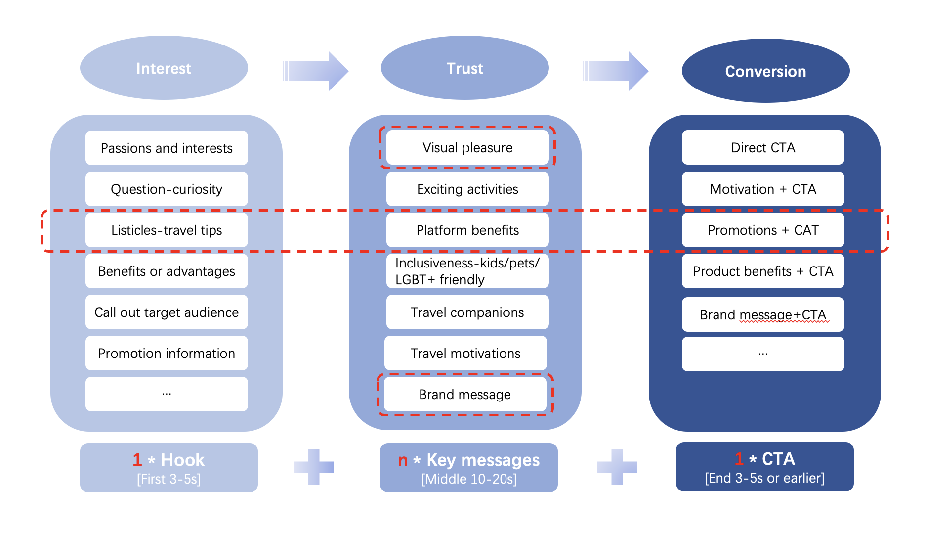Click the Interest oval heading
coord(164,68)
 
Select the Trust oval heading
coord(464,68)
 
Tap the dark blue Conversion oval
coord(765,71)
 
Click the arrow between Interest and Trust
coord(315,71)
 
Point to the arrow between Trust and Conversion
coord(616,71)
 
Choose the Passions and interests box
coord(167,148)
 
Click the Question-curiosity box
coord(167,189)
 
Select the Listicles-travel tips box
coord(167,230)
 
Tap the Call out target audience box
coord(167,312)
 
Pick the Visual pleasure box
coord(467,147)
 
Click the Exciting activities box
coord(467,189)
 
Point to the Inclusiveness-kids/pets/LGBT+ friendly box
coord(467,271)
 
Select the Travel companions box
coord(467,312)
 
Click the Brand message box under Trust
coord(465,394)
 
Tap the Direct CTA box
coord(763,147)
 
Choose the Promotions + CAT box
coord(763,230)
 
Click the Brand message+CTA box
coord(763,314)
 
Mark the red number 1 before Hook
coord(137,460)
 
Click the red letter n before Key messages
coord(403,461)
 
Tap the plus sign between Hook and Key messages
coord(314,467)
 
